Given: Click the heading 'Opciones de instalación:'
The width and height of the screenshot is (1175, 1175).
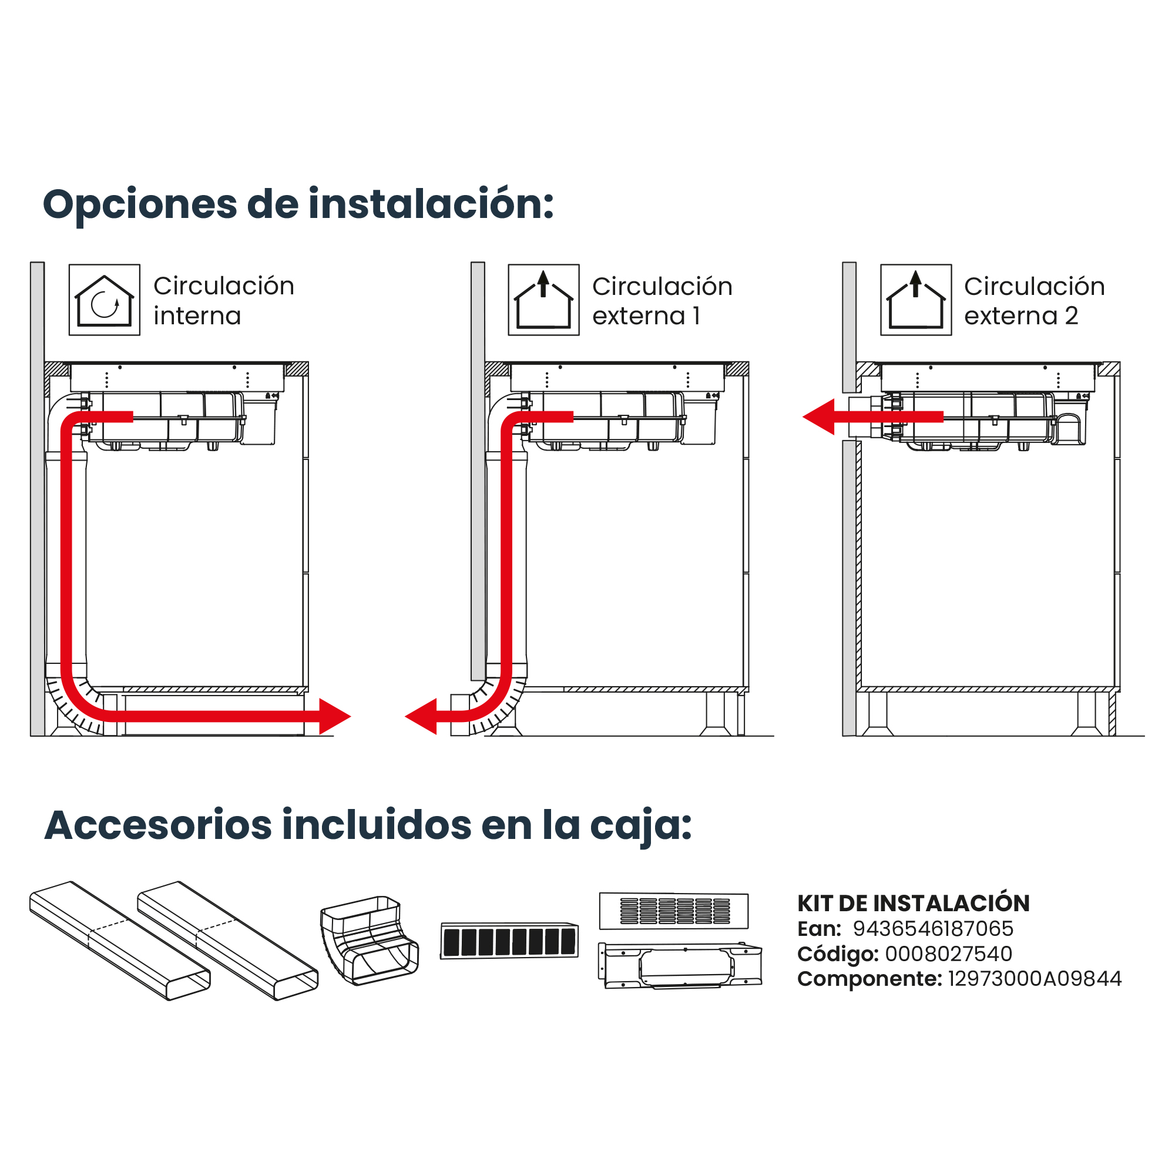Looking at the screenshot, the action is pyautogui.click(x=298, y=205).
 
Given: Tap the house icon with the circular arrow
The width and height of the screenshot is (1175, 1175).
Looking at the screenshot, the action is pyautogui.click(x=104, y=300).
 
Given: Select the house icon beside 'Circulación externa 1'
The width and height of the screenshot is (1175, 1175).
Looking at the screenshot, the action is pyautogui.click(x=543, y=300).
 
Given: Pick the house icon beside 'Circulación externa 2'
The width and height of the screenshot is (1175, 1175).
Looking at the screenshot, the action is pyautogui.click(x=916, y=300).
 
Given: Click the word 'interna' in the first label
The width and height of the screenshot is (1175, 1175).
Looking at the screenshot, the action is pyautogui.click(x=197, y=316).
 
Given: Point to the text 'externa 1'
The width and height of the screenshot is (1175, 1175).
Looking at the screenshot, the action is pyautogui.click(x=646, y=316).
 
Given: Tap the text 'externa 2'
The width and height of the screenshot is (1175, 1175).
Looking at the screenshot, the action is pyautogui.click(x=1021, y=316).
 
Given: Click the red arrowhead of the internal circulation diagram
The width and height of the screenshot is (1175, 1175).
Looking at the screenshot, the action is pyautogui.click(x=334, y=716).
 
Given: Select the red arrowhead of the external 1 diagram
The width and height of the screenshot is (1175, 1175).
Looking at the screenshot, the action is pyautogui.click(x=421, y=716).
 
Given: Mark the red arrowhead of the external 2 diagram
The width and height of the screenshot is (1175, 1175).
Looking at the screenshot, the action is pyautogui.click(x=818, y=417).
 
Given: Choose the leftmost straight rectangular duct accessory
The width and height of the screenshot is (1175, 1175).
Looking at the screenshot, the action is pyautogui.click(x=120, y=940).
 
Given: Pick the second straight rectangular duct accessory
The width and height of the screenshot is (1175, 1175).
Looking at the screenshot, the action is pyautogui.click(x=228, y=940).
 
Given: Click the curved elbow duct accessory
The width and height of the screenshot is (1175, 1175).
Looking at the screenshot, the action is pyautogui.click(x=369, y=940).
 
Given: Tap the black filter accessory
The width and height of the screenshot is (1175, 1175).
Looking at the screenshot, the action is pyautogui.click(x=509, y=941).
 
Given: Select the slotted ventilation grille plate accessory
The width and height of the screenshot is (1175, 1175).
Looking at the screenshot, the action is pyautogui.click(x=674, y=911).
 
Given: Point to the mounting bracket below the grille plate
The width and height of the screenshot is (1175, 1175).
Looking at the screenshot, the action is pyautogui.click(x=680, y=966).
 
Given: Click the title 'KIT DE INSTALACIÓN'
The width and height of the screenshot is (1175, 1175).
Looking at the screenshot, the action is pyautogui.click(x=914, y=904).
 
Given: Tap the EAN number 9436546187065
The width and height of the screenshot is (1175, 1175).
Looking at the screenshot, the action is pyautogui.click(x=933, y=929).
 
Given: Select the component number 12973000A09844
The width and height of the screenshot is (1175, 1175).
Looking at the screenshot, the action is pyautogui.click(x=1035, y=979).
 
